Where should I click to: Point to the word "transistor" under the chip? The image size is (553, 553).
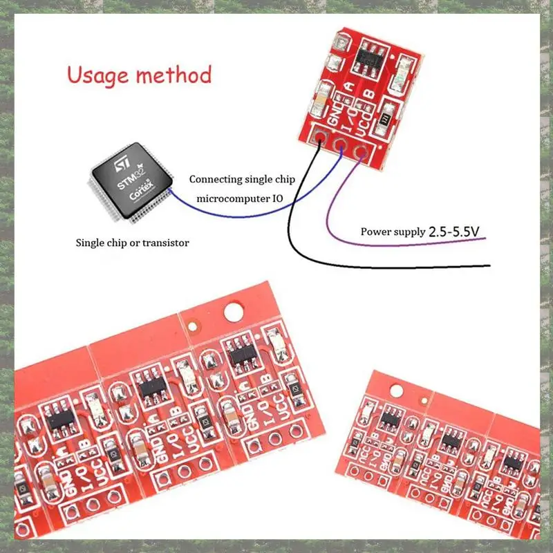click(x=162, y=243)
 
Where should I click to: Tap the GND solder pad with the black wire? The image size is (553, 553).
click(x=320, y=136)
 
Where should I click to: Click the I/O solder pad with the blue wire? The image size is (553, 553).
click(x=340, y=144)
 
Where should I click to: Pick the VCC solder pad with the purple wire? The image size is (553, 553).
click(x=360, y=151)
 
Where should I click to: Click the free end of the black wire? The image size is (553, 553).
click(x=488, y=266)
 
